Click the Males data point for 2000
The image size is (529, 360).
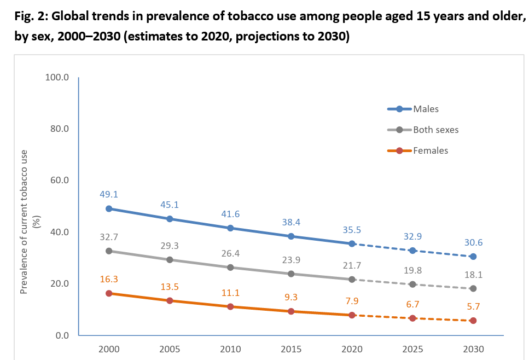click(109, 208)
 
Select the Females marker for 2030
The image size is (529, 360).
click(473, 321)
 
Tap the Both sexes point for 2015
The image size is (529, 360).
click(291, 274)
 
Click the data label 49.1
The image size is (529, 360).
click(109, 194)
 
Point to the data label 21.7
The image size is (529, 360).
click(351, 265)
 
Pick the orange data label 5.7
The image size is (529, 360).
click(473, 306)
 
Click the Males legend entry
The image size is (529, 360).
click(426, 109)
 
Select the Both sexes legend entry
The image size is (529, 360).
click(435, 130)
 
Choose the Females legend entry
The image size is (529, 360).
click(431, 150)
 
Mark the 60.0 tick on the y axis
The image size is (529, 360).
click(58, 181)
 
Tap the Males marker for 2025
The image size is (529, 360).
click(412, 250)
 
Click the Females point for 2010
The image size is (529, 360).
click(230, 306)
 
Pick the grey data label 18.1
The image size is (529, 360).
click(473, 275)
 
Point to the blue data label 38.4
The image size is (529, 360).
click(291, 222)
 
